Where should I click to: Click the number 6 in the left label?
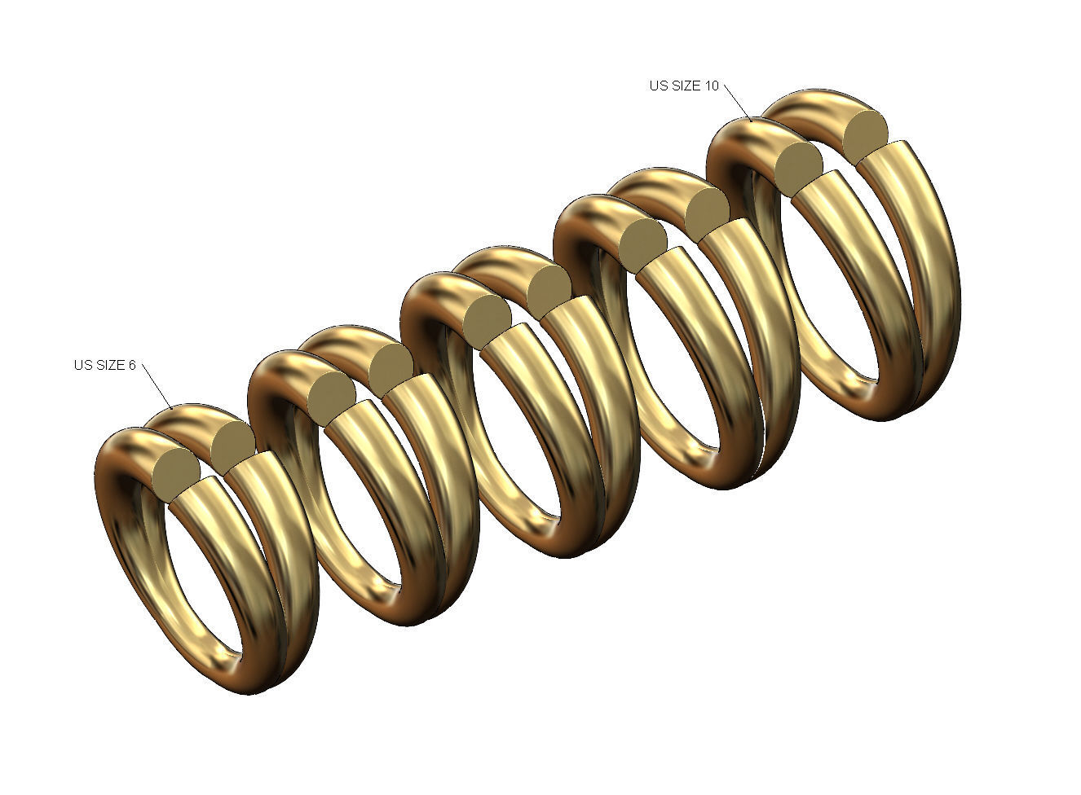coord(131,365)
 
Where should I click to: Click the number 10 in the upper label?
coord(712,86)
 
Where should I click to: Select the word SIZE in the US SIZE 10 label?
coord(686,86)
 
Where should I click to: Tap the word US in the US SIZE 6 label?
coord(82,365)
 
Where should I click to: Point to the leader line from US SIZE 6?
coord(157,386)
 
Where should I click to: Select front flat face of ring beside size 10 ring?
coord(643,244)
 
